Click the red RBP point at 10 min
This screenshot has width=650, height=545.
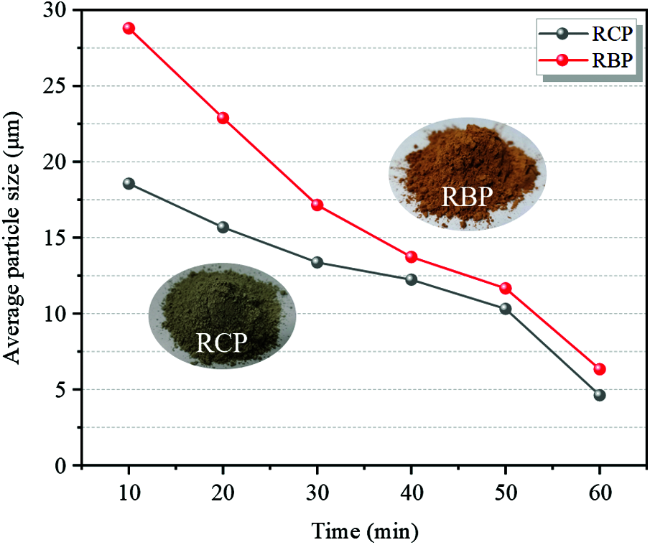[129, 29]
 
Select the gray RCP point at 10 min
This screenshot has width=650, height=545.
[129, 183]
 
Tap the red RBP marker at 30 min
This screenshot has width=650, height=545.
[317, 205]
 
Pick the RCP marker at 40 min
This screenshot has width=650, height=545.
[412, 279]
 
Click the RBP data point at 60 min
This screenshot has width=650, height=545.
[600, 369]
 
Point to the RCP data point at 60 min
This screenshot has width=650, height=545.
[600, 395]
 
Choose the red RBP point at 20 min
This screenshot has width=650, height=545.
[223, 118]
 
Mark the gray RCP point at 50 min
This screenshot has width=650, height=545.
[506, 309]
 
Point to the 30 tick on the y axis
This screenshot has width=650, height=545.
[62, 11]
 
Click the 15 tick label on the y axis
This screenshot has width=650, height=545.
[62, 238]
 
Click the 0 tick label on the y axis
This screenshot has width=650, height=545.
[68, 465]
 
